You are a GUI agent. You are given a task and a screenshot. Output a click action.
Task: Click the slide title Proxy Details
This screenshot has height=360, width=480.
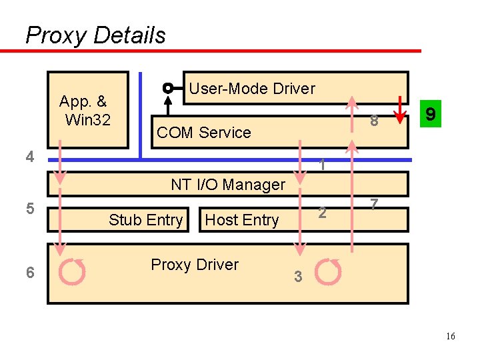(x=95, y=35)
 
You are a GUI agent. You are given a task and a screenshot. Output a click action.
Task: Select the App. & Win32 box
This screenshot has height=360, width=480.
(x=87, y=110)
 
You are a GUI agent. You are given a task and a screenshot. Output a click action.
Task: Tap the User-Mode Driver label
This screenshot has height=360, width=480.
(x=252, y=89)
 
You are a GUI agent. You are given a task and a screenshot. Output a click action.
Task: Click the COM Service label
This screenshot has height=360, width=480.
(x=203, y=133)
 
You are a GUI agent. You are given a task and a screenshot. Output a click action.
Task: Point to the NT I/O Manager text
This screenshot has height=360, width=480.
(x=228, y=185)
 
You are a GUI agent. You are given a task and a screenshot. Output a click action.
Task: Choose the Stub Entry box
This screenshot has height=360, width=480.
(x=146, y=220)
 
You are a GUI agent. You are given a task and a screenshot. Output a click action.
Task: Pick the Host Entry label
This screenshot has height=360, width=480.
(x=242, y=220)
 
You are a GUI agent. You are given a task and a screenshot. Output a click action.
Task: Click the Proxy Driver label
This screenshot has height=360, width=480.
(x=195, y=265)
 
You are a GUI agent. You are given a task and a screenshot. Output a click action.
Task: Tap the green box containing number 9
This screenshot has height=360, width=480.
(x=431, y=115)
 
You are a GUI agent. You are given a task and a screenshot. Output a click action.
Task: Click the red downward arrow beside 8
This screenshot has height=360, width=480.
(x=400, y=110)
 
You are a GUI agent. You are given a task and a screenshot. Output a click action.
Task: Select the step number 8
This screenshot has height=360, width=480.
(x=374, y=121)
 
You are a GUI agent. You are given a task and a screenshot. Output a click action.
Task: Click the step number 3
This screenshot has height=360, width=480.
(x=299, y=277)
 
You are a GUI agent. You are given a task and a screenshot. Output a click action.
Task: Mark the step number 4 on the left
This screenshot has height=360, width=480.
(x=29, y=157)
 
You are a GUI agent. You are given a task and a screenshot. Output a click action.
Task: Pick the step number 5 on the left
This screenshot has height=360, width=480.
(x=29, y=208)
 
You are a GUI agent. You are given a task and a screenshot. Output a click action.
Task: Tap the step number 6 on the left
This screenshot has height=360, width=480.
(x=29, y=273)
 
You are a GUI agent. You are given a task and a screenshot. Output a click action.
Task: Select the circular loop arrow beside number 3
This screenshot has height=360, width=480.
(x=328, y=271)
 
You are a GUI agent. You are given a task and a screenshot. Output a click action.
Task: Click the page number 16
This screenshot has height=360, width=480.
(x=451, y=337)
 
